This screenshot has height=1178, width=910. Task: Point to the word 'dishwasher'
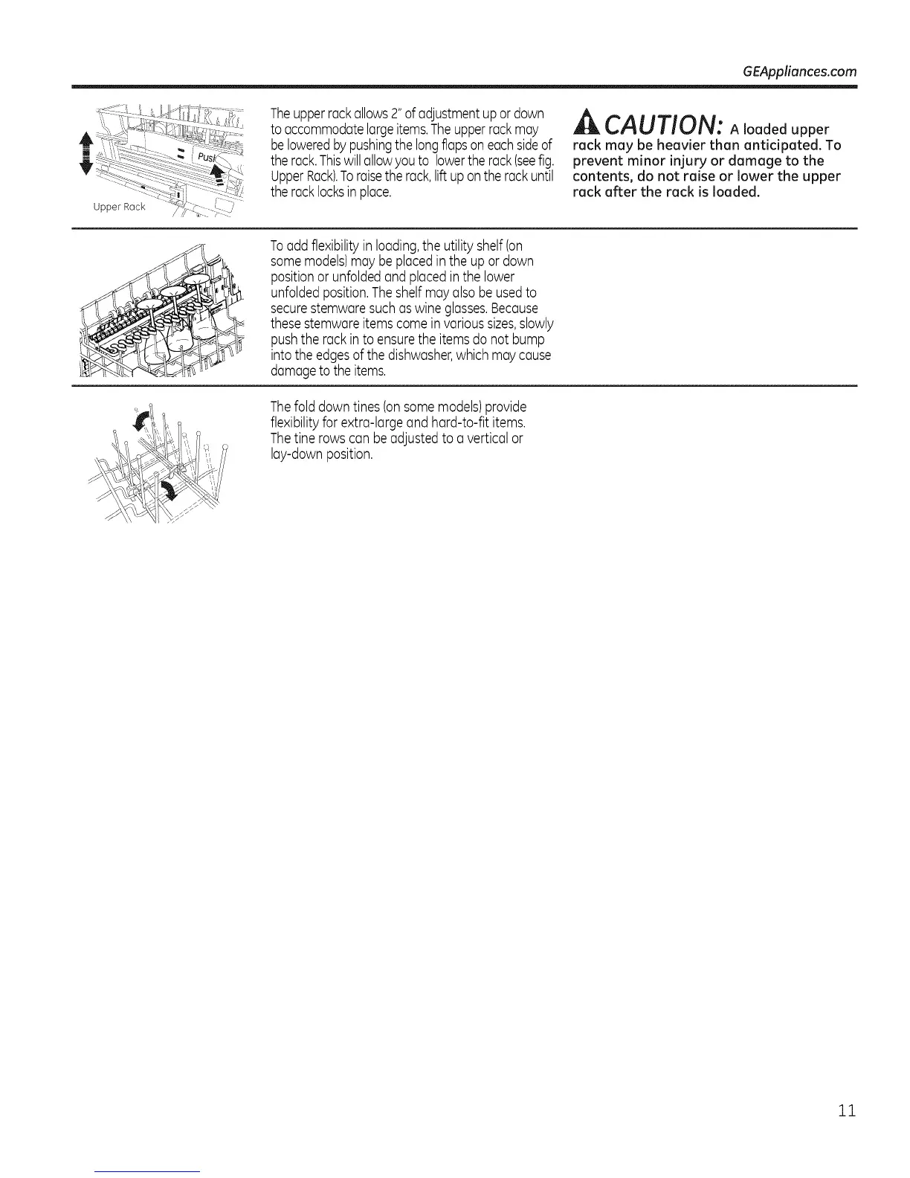pos(428,355)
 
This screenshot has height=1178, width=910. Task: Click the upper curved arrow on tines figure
pos(139,422)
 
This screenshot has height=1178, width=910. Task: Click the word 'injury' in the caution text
pos(698,161)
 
